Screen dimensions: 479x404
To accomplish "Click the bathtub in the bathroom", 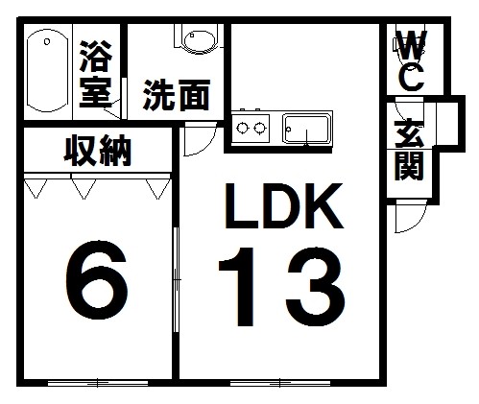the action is pyautogui.click(x=47, y=71).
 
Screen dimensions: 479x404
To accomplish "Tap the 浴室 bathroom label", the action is pyautogui.click(x=96, y=74).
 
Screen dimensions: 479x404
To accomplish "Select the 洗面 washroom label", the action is pyautogui.click(x=177, y=95).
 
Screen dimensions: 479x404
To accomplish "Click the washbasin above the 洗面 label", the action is pyautogui.click(x=199, y=40).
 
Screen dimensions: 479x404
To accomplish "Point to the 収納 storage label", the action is pyautogui.click(x=98, y=151).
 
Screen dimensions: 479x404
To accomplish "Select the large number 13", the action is pyautogui.click(x=281, y=286).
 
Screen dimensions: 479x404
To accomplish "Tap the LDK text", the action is pyautogui.click(x=283, y=206).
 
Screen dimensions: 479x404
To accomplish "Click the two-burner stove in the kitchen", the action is pyautogui.click(x=251, y=129).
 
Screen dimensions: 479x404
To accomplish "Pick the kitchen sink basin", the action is pyautogui.click(x=307, y=130).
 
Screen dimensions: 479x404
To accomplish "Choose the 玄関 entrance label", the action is pyautogui.click(x=410, y=150).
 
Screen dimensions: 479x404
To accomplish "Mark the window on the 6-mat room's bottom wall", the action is pyautogui.click(x=98, y=383).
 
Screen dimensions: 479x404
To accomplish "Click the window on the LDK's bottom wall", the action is pyautogui.click(x=280, y=383).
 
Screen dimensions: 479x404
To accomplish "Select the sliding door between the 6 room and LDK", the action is pyautogui.click(x=176, y=280).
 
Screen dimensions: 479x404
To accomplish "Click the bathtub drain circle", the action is pyautogui.click(x=47, y=41).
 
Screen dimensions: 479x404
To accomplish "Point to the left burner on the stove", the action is pyautogui.click(x=242, y=129).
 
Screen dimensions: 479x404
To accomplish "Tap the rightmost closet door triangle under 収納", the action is pyautogui.click(x=158, y=189).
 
